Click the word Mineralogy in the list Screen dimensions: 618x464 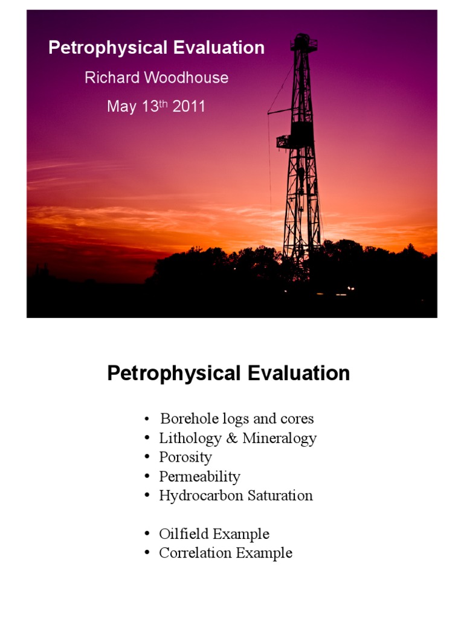[x=279, y=438]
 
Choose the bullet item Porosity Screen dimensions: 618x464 [x=185, y=457]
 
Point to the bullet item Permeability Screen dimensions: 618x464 [x=199, y=477]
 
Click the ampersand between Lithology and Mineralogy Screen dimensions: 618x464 [x=233, y=438]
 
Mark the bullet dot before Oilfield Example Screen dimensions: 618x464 [x=147, y=535]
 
